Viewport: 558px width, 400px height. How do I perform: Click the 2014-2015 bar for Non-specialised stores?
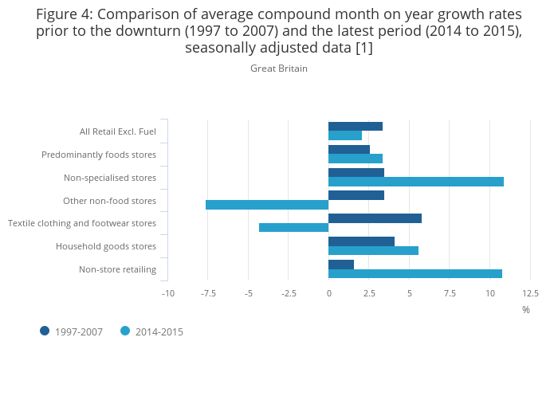point(416,182)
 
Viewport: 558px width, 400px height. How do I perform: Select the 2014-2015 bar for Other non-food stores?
point(267,205)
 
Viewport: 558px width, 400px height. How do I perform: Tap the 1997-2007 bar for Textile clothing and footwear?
point(375,218)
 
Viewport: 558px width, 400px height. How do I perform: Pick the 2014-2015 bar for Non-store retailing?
point(415,274)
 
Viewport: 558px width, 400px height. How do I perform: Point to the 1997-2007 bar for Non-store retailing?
point(341,265)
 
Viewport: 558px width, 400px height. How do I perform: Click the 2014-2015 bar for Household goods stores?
point(373,251)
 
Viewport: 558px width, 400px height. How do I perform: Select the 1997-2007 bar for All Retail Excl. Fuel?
point(356,126)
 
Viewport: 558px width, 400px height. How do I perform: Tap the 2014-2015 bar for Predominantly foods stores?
point(356,159)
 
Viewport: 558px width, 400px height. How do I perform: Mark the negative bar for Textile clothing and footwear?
point(293,228)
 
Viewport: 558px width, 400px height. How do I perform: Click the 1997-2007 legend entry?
point(71,331)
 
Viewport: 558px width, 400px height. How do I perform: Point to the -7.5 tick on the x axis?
point(208,293)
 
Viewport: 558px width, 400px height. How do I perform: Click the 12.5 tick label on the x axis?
point(530,293)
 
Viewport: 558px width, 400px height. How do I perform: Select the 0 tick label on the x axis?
point(328,293)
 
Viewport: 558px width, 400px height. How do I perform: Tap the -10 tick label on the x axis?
point(168,293)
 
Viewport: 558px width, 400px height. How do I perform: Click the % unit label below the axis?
point(526,310)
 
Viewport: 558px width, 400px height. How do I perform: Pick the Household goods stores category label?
point(106,246)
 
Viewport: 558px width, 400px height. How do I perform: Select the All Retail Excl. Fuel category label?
point(118,131)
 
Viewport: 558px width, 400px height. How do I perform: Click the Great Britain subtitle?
point(279,69)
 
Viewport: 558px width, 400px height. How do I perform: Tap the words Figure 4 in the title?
point(65,14)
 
